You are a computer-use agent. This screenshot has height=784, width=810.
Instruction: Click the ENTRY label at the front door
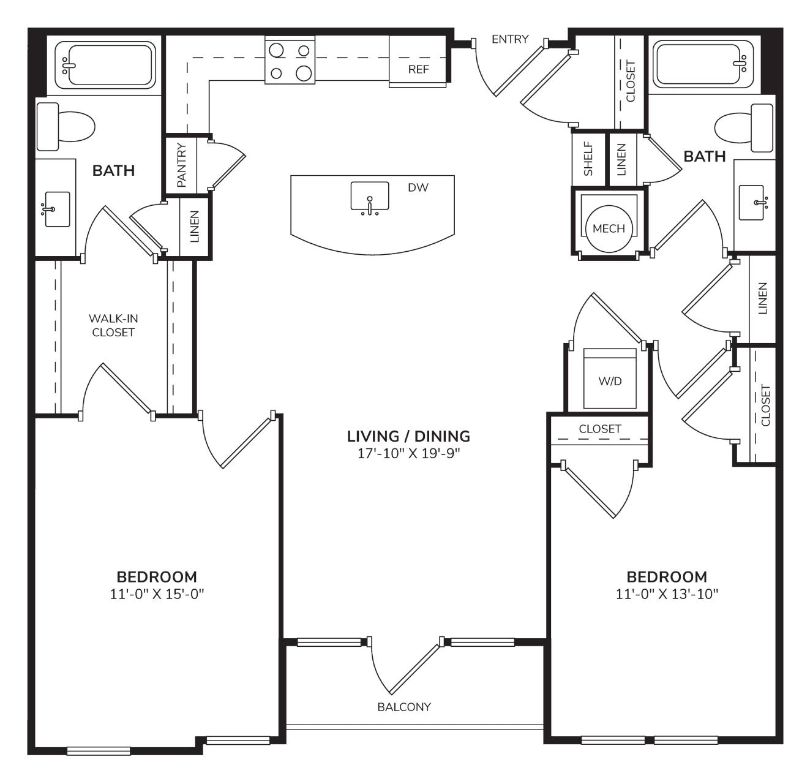[x=510, y=39]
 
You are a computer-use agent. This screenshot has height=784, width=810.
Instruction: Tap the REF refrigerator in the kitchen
[x=418, y=61]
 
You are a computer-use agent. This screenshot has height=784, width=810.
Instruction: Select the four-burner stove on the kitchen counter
[x=290, y=60]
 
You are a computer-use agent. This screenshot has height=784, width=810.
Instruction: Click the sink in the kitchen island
[x=370, y=198]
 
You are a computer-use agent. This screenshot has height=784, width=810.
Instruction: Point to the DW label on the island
[x=418, y=188]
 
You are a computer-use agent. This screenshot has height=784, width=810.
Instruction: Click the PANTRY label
[x=181, y=165]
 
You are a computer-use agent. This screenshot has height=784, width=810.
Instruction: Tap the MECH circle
[x=609, y=228]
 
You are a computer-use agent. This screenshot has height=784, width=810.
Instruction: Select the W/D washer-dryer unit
[x=610, y=378]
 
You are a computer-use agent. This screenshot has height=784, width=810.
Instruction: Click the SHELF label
[x=588, y=159]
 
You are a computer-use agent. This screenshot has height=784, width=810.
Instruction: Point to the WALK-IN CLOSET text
[x=113, y=325]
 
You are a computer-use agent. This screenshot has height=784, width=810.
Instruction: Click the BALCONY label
[x=403, y=707]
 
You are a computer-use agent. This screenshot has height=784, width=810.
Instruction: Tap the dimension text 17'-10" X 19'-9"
[x=408, y=453]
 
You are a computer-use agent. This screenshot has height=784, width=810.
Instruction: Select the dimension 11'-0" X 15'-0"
[x=157, y=594]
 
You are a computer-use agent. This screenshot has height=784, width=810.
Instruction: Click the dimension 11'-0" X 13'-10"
[x=667, y=594]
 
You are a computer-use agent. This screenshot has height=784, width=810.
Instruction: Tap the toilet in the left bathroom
[x=66, y=127]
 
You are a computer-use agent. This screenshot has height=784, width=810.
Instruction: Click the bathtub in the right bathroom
[x=703, y=64]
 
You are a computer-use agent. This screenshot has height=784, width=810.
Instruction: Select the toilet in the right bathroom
[x=744, y=128]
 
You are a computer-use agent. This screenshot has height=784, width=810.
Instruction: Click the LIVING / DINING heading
[x=408, y=436]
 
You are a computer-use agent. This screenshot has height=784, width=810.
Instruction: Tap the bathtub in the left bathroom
[x=105, y=64]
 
